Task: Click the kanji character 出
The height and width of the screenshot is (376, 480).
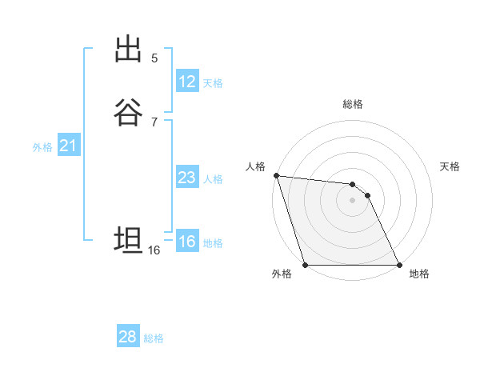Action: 128,50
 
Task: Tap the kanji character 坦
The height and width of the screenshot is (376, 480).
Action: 128,241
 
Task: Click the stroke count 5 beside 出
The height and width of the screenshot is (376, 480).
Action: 154,58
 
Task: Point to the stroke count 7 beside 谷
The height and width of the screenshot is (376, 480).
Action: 154,122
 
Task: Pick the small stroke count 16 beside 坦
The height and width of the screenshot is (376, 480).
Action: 154,250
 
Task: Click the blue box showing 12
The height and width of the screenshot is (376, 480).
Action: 187,82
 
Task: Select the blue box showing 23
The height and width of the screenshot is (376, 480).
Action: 187,178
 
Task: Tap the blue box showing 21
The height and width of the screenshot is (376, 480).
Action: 68,146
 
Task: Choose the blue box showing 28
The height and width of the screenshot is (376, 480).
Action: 128,337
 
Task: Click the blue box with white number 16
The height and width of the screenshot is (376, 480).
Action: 187,242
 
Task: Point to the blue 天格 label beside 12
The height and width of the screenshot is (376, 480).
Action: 213,83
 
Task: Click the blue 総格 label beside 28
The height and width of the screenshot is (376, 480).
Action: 154,338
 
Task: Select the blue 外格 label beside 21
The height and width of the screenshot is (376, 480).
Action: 42,147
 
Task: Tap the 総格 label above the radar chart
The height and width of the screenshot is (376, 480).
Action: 353,104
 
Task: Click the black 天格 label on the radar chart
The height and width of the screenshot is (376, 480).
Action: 450,166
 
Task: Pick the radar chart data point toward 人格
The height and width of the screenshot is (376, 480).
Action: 276,175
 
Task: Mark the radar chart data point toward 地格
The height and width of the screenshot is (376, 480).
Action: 399,265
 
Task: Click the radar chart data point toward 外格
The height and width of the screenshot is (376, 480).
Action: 306,265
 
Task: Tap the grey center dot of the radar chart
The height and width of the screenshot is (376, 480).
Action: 352,200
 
